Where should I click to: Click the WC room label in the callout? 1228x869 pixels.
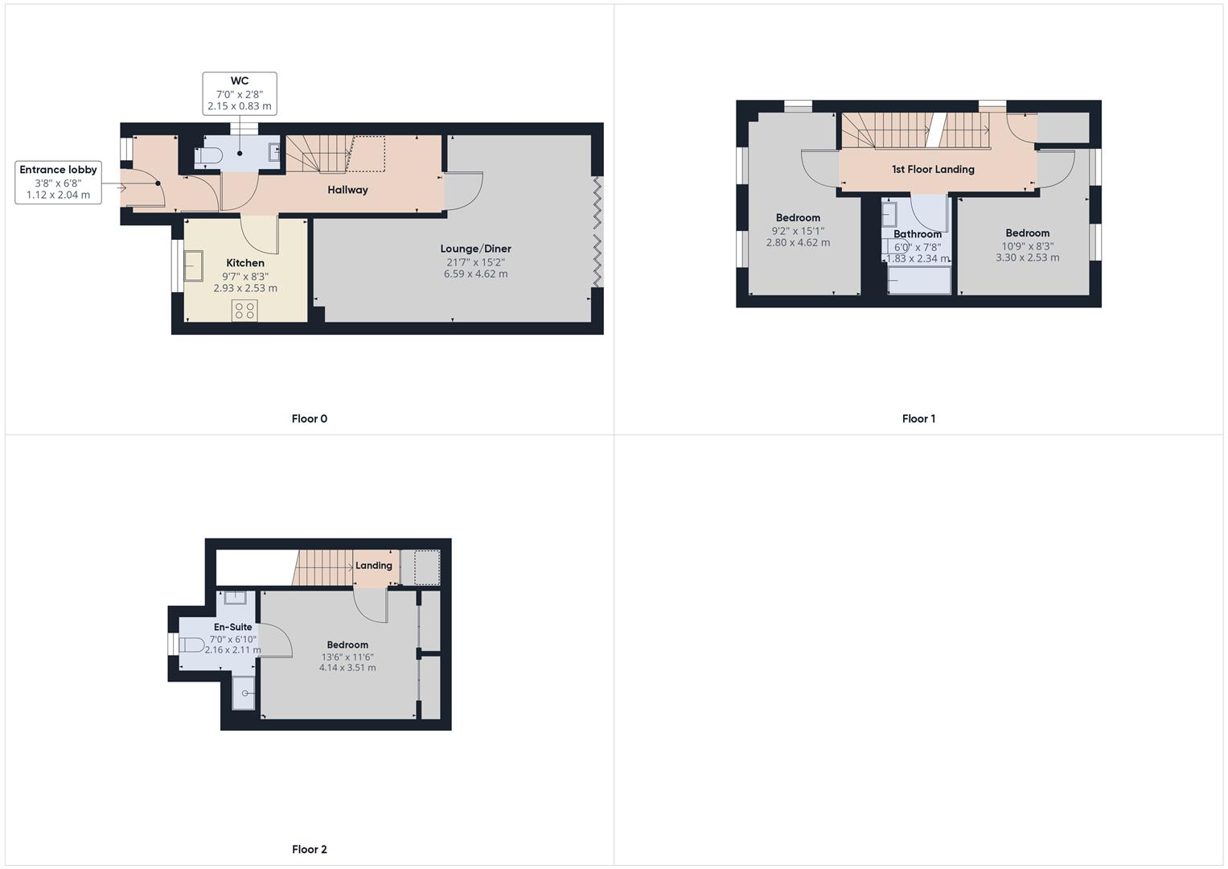(240, 80)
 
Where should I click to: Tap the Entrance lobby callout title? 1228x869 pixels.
(58, 170)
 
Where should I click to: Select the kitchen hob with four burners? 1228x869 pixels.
(244, 311)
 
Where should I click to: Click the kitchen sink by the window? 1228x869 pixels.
(194, 266)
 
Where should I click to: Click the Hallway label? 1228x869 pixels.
(347, 190)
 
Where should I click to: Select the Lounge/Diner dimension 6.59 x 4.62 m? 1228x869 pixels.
(475, 274)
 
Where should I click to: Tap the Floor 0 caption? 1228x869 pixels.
(309, 418)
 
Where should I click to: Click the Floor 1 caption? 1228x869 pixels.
(918, 418)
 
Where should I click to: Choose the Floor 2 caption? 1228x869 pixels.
(309, 849)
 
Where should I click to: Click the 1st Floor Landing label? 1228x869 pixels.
(933, 169)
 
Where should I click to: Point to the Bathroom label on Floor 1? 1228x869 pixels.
(918, 234)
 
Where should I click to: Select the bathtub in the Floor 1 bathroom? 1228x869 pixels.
(918, 280)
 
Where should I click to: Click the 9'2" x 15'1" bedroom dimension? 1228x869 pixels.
(798, 230)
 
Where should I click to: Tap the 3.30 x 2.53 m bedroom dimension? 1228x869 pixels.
(1027, 257)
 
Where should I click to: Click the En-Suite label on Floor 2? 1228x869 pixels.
(232, 627)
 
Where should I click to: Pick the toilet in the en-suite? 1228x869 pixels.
(191, 645)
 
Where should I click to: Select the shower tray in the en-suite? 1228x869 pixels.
(244, 693)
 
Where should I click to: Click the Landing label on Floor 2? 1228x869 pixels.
(374, 566)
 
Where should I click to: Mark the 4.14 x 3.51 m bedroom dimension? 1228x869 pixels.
(347, 667)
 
